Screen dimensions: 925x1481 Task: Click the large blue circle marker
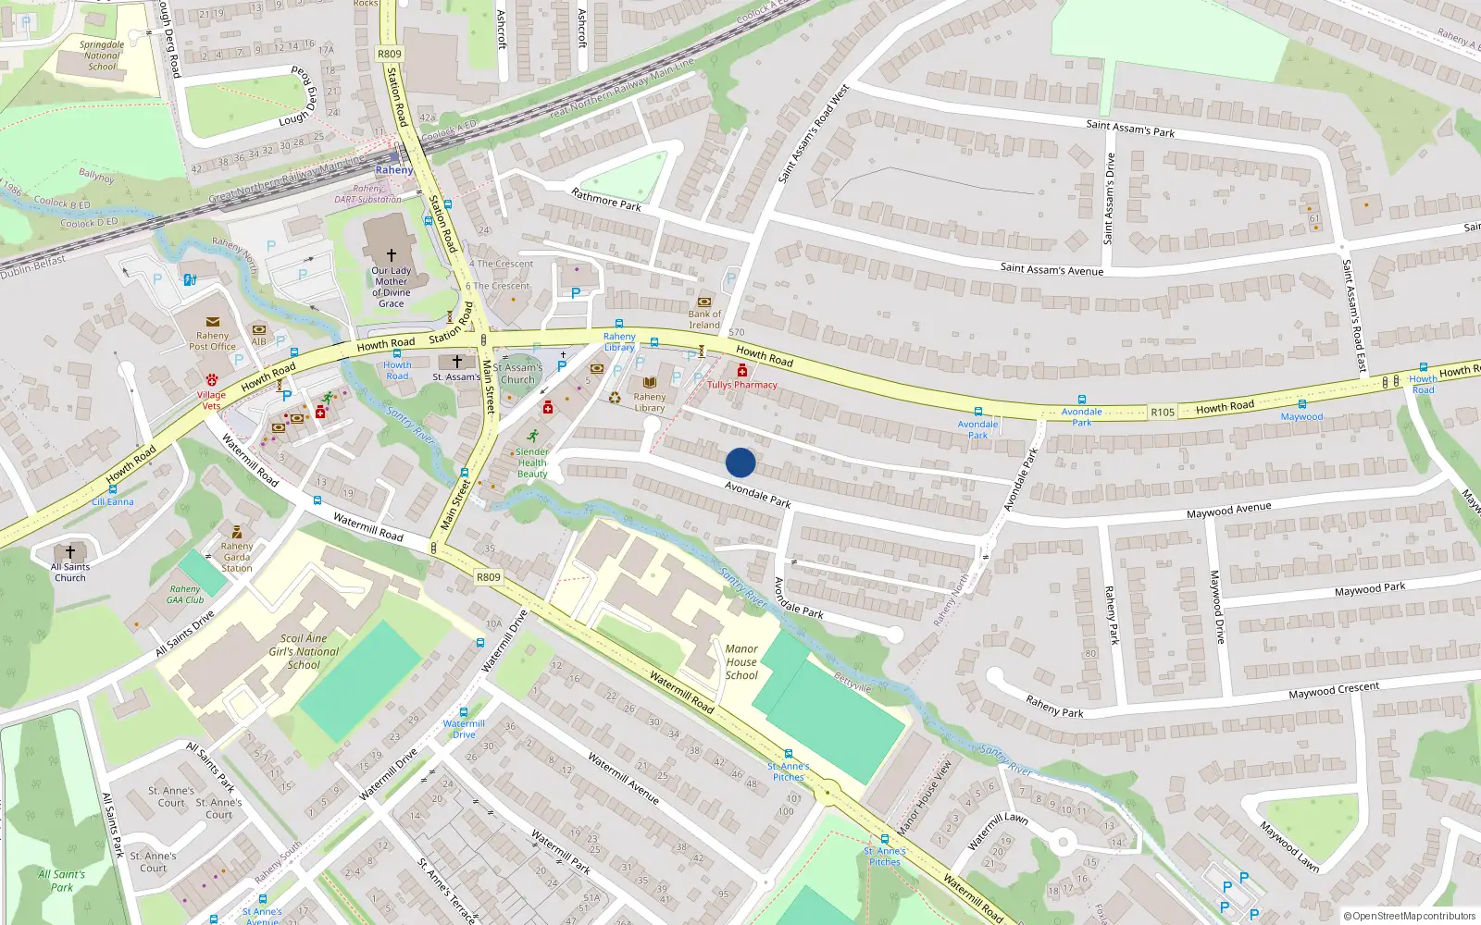click(740, 462)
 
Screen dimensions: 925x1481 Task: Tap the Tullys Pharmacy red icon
click(742, 370)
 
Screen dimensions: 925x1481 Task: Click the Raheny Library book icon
click(649, 382)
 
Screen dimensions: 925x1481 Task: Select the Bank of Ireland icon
click(704, 302)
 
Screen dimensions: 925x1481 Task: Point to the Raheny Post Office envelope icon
click(212, 322)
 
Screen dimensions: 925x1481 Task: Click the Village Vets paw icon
click(211, 379)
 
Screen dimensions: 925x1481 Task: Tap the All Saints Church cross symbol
click(69, 552)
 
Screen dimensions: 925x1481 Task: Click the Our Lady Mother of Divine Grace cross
click(391, 255)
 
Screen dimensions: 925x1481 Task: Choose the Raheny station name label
click(394, 170)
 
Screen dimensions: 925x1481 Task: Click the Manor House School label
click(741, 662)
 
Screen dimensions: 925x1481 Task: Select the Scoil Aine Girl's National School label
click(304, 651)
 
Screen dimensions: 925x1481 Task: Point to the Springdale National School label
click(102, 55)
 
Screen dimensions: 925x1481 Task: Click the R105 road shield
click(1162, 413)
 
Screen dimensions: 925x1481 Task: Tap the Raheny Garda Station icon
click(237, 532)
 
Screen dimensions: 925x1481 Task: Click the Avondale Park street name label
click(757, 494)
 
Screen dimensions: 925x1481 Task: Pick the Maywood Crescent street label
click(1334, 690)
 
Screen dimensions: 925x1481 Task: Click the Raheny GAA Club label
click(185, 595)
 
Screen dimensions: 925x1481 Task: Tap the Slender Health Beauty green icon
click(532, 435)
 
